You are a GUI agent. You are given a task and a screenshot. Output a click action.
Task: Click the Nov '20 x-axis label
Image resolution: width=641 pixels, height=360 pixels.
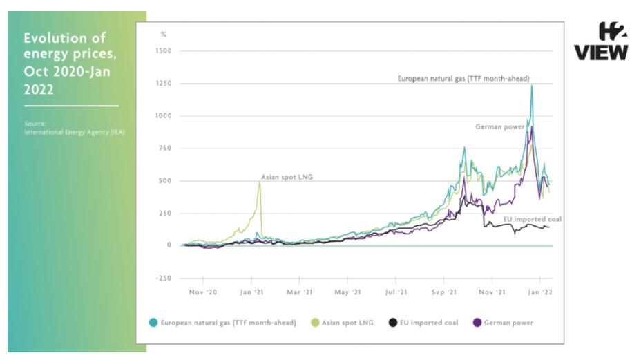204,292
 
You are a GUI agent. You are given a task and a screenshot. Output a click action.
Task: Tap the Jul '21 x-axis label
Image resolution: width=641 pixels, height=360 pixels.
396,292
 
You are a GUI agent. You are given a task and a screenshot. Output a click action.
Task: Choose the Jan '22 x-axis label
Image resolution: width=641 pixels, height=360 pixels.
539,292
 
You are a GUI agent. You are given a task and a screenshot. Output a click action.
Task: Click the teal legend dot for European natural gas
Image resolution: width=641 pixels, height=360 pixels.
153,323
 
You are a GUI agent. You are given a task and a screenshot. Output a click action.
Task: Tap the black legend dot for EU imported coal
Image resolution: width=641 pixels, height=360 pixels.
392,323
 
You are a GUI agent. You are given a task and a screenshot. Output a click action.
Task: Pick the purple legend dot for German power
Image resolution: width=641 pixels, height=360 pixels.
477,323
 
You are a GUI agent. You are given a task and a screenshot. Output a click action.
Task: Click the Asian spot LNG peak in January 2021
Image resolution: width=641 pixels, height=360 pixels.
260,182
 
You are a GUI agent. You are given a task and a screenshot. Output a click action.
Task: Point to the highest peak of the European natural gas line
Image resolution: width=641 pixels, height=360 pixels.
531,86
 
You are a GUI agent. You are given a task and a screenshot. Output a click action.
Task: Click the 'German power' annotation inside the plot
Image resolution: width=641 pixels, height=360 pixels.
500,127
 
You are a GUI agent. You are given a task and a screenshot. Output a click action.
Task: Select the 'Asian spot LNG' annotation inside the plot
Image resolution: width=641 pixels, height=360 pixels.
287,177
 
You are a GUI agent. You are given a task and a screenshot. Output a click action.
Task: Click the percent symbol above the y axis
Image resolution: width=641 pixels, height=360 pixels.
164,34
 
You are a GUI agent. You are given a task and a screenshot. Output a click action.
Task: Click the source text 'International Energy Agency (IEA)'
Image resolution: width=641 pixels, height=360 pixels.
75,132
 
